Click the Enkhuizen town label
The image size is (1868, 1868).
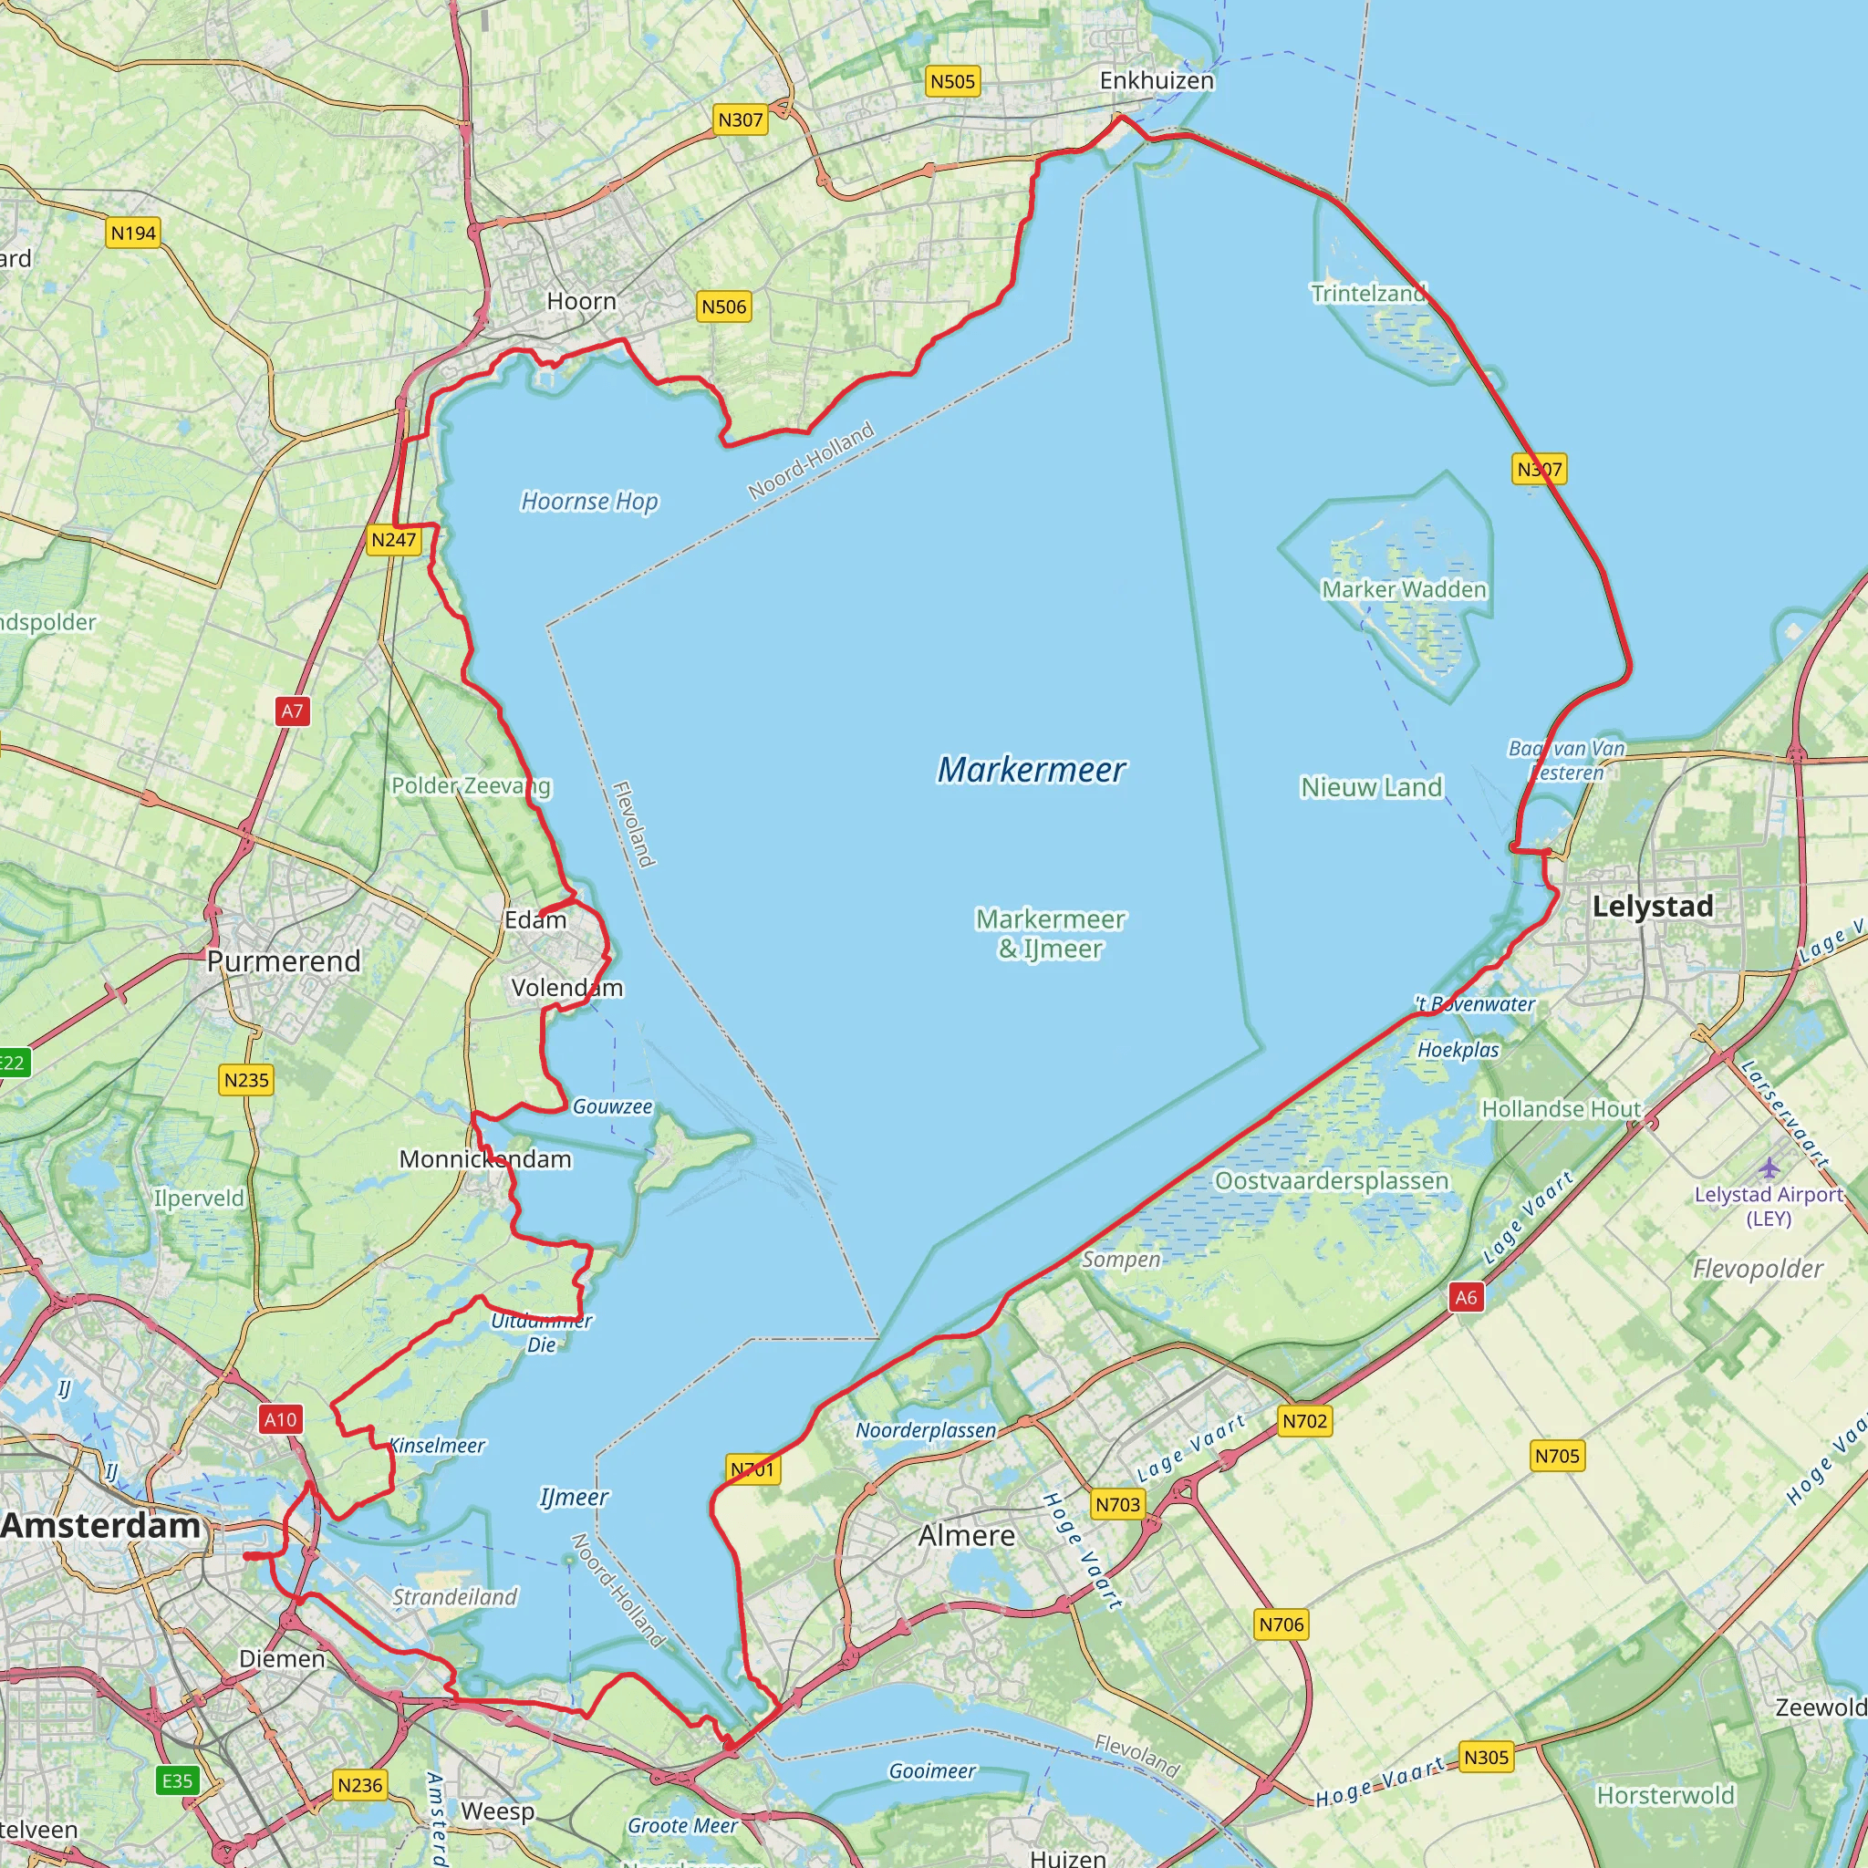pos(1157,80)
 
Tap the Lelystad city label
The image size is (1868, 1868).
pos(1653,906)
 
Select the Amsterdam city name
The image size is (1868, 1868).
pos(100,1526)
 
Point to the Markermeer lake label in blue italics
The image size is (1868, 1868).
pos(1031,770)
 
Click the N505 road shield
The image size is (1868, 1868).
pos(952,81)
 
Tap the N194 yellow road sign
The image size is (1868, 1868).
pos(133,233)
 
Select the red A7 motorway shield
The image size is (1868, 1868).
pos(292,711)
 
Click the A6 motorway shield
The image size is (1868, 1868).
pos(1466,1298)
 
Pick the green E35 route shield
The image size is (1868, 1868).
pos(178,1781)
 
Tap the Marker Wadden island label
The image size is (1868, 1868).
pos(1404,589)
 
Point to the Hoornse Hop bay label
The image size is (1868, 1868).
pos(589,501)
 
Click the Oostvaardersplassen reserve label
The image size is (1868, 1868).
pos(1332,1180)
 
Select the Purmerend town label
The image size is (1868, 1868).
pos(284,961)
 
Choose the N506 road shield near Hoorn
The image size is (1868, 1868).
pos(724,306)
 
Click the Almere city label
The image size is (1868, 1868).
pos(967,1535)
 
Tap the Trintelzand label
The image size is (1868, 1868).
pos(1368,293)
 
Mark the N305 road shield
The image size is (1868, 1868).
pos(1485,1757)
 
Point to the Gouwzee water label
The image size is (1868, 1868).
pos(612,1106)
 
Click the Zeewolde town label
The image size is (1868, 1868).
pos(1821,1707)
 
